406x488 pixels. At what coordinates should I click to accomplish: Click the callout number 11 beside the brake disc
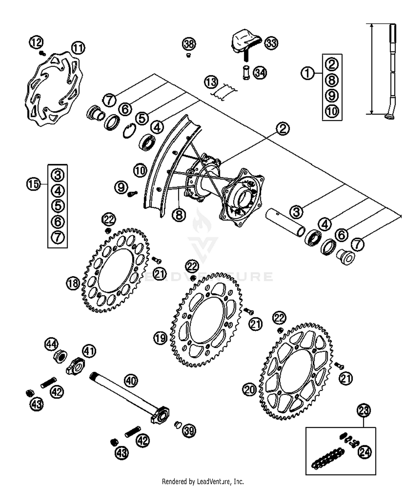(78, 48)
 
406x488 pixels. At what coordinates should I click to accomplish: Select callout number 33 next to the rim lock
(271, 43)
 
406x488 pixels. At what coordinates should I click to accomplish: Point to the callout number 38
(189, 44)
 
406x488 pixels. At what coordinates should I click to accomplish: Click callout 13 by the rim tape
(211, 82)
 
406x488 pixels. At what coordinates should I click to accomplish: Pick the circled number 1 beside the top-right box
(307, 73)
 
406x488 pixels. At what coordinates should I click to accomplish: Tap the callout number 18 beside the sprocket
(73, 283)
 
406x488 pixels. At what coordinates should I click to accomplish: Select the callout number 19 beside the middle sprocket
(161, 338)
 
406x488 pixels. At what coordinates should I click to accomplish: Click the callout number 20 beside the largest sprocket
(249, 390)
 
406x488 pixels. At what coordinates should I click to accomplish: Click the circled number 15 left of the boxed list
(33, 184)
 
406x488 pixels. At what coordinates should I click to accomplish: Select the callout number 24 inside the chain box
(365, 451)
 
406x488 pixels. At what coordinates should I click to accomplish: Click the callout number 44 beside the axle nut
(51, 344)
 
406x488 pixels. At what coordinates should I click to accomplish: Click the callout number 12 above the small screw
(36, 42)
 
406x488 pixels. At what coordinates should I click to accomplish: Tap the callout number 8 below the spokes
(179, 215)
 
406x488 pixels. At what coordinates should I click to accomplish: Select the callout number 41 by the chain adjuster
(89, 351)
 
